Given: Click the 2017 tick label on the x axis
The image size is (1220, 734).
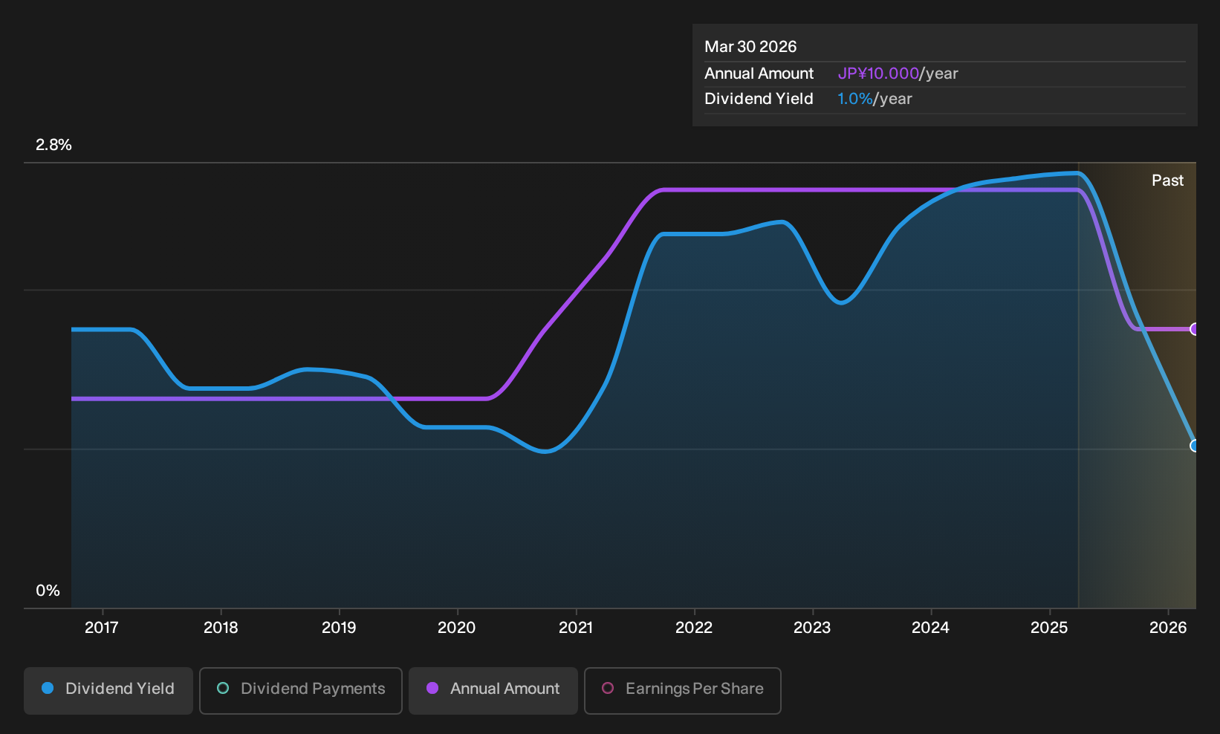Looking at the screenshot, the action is (x=102, y=628).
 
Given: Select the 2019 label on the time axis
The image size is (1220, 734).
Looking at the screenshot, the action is (x=339, y=628).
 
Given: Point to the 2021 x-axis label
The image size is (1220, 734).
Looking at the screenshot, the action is (x=576, y=628).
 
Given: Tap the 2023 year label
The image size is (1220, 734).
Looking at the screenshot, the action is (x=812, y=628).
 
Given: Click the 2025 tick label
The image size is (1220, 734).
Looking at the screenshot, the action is (x=1050, y=628).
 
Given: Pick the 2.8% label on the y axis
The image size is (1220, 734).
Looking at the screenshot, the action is (x=53, y=145).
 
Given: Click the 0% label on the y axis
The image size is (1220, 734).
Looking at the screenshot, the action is (x=48, y=591).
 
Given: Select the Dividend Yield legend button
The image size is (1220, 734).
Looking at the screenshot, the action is (x=108, y=690).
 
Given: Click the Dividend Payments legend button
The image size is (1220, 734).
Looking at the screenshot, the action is (x=301, y=690).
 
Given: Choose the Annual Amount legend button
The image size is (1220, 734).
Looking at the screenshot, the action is (x=493, y=690).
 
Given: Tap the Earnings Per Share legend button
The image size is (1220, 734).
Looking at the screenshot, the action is (x=682, y=690).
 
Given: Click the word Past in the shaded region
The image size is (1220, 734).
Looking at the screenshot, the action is (x=1167, y=181).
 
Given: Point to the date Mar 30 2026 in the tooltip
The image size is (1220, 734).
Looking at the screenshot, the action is (x=750, y=47).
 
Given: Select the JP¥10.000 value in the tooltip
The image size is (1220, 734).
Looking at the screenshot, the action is (x=878, y=74).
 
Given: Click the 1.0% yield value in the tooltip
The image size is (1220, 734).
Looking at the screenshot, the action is (x=855, y=99).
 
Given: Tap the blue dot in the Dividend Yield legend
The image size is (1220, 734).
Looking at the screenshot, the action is (x=48, y=688).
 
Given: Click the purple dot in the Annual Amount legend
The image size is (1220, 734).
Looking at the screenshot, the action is (x=432, y=688).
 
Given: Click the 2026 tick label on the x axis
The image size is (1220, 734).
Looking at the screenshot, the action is (x=1168, y=628).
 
